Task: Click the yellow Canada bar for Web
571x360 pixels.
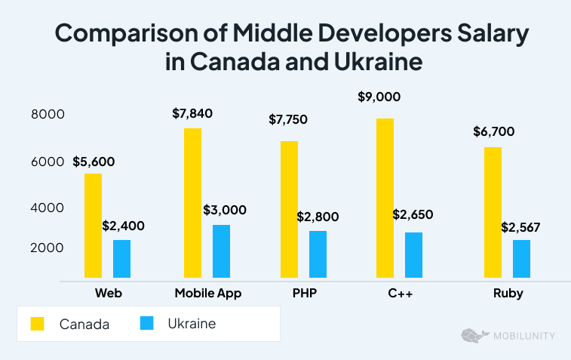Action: tap(93, 226)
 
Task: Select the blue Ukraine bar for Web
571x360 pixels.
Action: tap(121, 259)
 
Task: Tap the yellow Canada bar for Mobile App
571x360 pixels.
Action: tap(192, 203)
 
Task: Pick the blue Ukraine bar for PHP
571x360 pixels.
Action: tap(318, 254)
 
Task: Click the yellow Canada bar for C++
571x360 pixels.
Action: tap(385, 198)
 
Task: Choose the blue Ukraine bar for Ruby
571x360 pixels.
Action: tap(521, 259)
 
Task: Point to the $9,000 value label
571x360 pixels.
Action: tap(379, 97)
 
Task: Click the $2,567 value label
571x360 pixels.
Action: tap(521, 226)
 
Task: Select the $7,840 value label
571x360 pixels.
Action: tap(192, 114)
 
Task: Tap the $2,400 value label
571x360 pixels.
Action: tap(123, 226)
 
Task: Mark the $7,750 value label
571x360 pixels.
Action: tap(288, 120)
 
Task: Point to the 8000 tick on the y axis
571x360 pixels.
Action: tap(48, 115)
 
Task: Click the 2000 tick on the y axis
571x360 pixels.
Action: tap(48, 248)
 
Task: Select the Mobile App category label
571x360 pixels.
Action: tap(207, 294)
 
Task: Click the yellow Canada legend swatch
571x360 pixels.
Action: tap(37, 324)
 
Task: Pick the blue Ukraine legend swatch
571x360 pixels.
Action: tap(147, 324)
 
